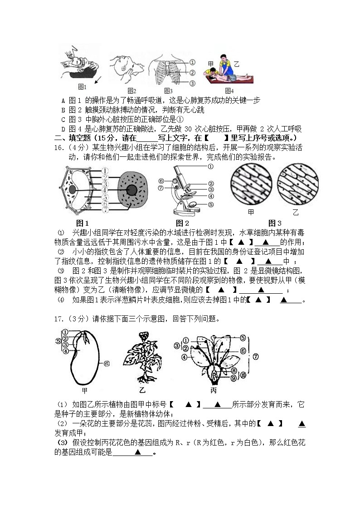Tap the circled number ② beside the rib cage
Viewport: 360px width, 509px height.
point(192,73)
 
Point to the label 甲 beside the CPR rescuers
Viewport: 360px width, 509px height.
point(210,64)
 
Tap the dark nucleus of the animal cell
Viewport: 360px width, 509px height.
point(132,190)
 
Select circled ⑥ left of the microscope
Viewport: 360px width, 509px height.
point(161,187)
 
